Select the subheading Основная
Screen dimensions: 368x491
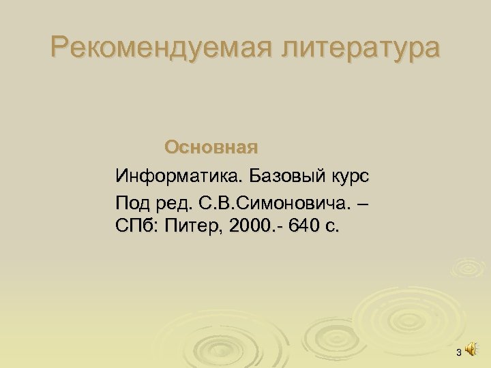(211, 147)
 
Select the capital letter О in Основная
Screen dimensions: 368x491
(172, 147)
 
